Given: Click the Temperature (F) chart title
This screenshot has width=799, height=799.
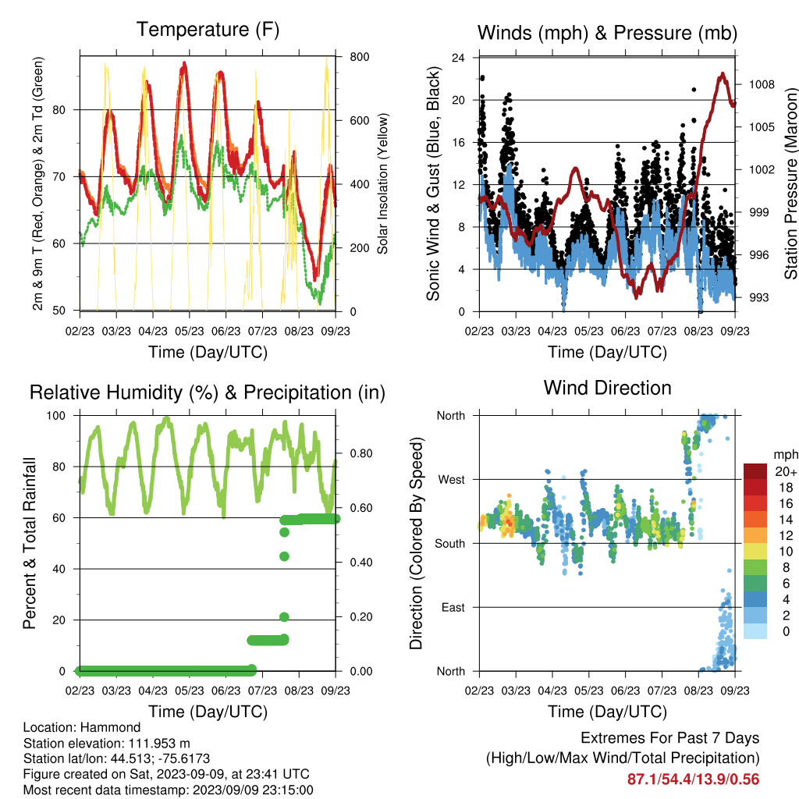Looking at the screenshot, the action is pyautogui.click(x=208, y=30).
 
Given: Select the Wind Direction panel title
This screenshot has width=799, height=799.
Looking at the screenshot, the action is pyautogui.click(x=607, y=388).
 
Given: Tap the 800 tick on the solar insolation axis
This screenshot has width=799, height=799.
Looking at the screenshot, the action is pyautogui.click(x=360, y=56).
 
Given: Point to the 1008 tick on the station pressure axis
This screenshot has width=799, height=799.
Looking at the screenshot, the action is pyautogui.click(x=762, y=84).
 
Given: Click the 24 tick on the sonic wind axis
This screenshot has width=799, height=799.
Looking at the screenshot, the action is pyautogui.click(x=458, y=58).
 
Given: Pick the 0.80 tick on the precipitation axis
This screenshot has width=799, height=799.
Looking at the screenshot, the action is pyautogui.click(x=360, y=453).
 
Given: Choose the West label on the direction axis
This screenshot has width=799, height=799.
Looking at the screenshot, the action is pyautogui.click(x=452, y=480).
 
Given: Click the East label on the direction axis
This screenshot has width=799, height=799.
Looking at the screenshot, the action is pyautogui.click(x=453, y=607).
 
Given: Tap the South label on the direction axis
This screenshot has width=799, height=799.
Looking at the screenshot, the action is pyautogui.click(x=450, y=544).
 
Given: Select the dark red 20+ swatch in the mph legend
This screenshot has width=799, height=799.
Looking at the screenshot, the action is pyautogui.click(x=755, y=471).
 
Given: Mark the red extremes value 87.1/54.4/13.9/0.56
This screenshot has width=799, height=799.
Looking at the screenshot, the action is pyautogui.click(x=693, y=779).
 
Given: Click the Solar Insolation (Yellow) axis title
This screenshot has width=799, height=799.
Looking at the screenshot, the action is pyautogui.click(x=382, y=183).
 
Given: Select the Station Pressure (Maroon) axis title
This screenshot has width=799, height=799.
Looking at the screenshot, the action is pyautogui.click(x=790, y=183).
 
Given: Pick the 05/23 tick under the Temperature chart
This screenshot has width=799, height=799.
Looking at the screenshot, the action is pyautogui.click(x=190, y=331).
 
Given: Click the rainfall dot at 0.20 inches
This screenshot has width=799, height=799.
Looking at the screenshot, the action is pyautogui.click(x=284, y=617).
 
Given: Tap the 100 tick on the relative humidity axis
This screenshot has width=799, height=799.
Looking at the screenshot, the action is pyautogui.click(x=56, y=416).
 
